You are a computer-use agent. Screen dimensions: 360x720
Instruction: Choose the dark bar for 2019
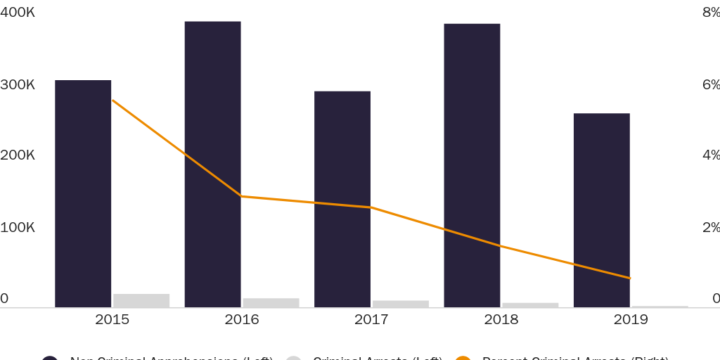pyautogui.click(x=601, y=210)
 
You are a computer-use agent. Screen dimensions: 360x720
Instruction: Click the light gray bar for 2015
pyautogui.click(x=141, y=300)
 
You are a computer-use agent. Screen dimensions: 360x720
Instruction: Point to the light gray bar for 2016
pyautogui.click(x=271, y=302)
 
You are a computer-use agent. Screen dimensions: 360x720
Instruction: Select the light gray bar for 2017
pyautogui.click(x=401, y=304)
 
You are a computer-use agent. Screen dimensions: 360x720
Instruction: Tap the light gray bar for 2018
pyautogui.click(x=530, y=305)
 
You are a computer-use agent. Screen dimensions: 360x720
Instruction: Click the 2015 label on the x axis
pyautogui.click(x=112, y=320)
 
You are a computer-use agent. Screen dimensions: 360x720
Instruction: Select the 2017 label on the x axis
pyautogui.click(x=371, y=320)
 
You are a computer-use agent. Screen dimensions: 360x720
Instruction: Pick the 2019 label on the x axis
pyautogui.click(x=631, y=320)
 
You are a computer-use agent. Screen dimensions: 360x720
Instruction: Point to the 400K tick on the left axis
pyautogui.click(x=18, y=13)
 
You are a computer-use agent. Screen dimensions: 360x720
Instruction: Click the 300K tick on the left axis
pyautogui.click(x=18, y=84)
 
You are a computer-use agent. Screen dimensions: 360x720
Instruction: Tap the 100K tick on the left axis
pyautogui.click(x=18, y=227)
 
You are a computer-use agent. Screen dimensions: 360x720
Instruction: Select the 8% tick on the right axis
pyautogui.click(x=711, y=13)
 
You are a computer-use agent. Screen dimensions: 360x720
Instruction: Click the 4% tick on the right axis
pyautogui.click(x=711, y=155)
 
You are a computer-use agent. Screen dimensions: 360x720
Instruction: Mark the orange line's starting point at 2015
pyautogui.click(x=112, y=101)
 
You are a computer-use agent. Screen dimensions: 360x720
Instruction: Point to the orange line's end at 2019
pyautogui.click(x=631, y=278)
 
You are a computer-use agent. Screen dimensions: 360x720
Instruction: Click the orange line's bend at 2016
pyautogui.click(x=242, y=196)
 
